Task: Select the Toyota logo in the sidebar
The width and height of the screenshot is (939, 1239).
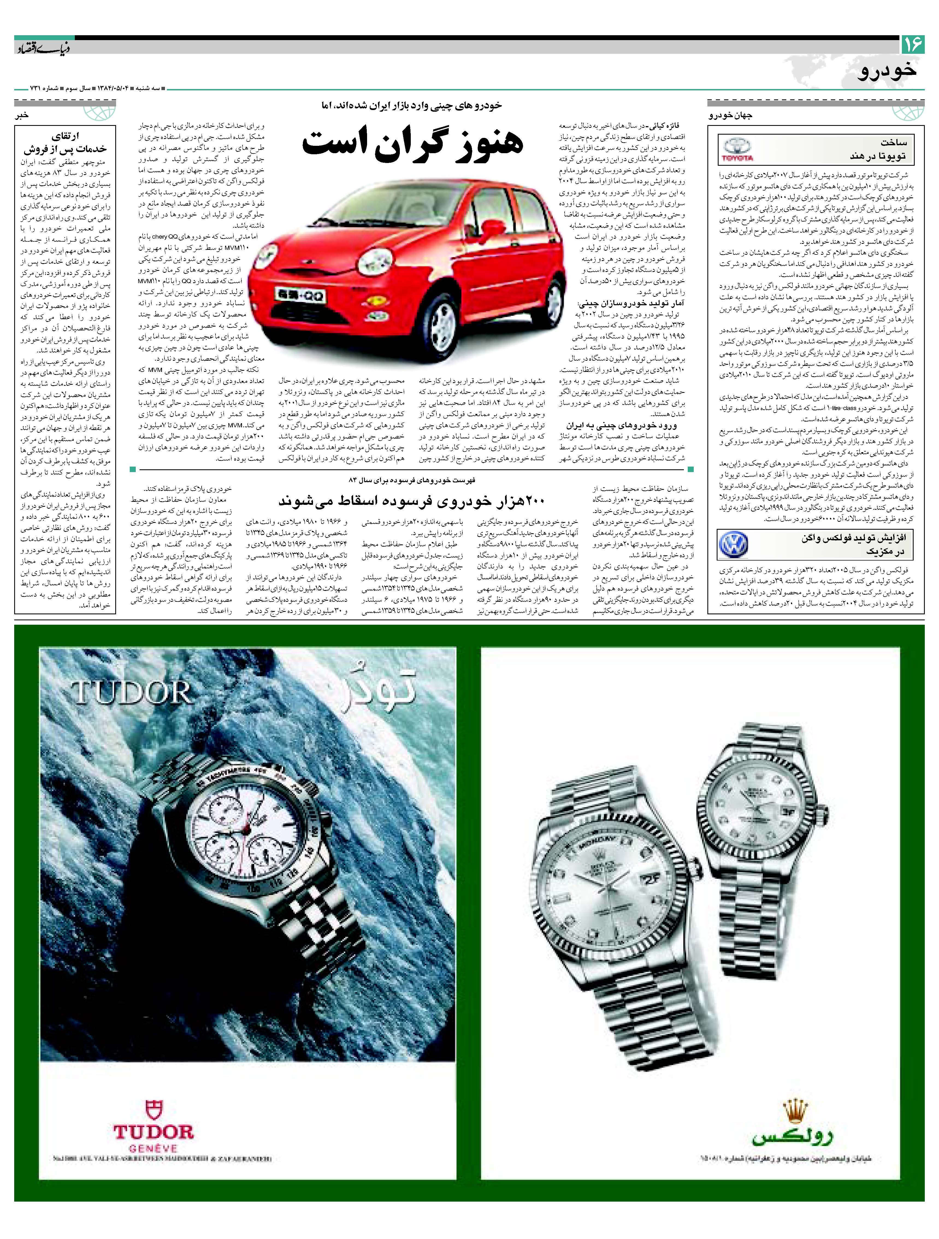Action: pos(739,150)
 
